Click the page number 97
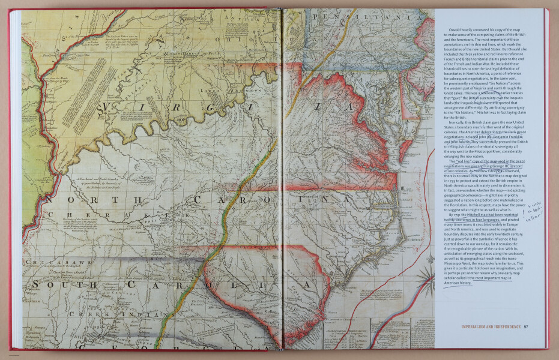coord(526,327)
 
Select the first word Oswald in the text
coord(455,29)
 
